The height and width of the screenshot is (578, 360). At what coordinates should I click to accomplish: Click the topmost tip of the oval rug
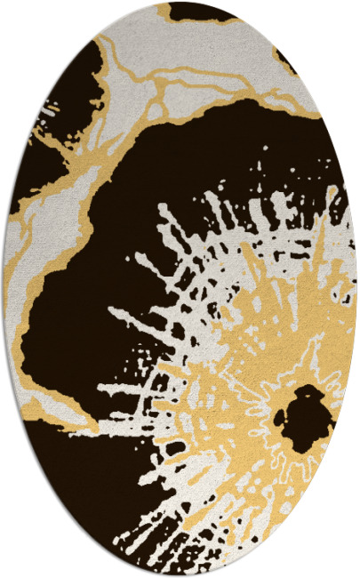tap(180, 3)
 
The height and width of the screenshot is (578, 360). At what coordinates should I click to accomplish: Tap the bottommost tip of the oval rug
tap(180, 575)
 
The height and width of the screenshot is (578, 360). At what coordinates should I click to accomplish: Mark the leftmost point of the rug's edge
tap(3, 289)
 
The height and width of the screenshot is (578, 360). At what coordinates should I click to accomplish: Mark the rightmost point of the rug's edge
tap(356, 289)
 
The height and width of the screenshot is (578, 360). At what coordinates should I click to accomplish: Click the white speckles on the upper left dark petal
tap(44, 116)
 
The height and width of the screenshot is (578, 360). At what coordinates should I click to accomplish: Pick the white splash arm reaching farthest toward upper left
tap(164, 213)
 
